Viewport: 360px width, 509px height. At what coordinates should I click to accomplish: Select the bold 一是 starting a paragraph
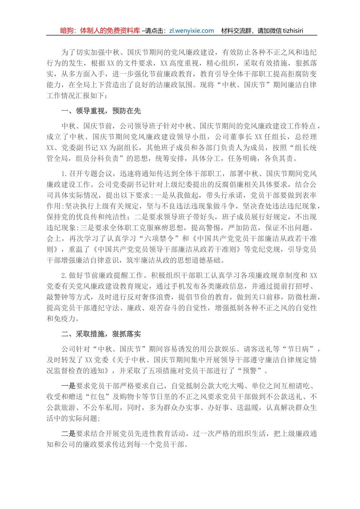tap(69, 386)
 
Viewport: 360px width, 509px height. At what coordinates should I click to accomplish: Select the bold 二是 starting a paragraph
tap(69, 434)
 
